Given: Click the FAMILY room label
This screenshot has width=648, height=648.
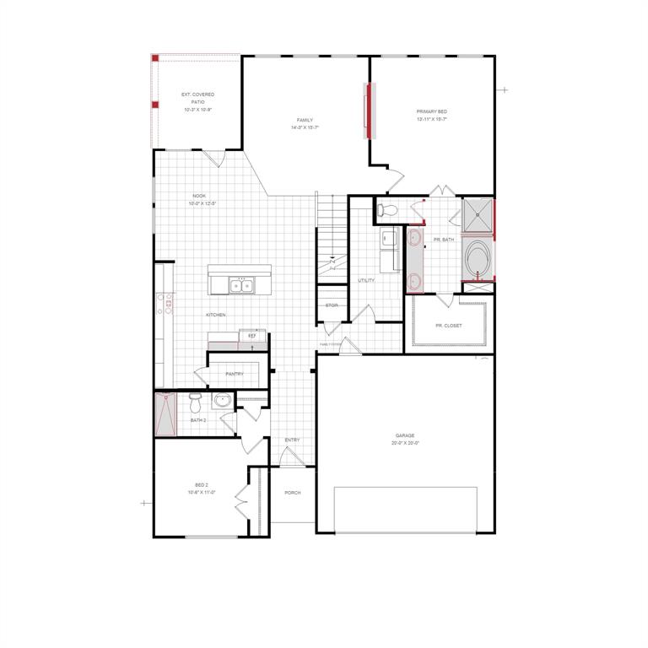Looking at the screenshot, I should coord(305,121).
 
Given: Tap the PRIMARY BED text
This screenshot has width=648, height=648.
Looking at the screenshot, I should coord(431,112).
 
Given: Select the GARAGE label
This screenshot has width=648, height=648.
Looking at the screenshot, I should coord(405,436).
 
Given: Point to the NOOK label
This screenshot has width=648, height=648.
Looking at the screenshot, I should coord(199,196).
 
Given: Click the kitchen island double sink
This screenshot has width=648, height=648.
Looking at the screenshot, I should coord(240,287).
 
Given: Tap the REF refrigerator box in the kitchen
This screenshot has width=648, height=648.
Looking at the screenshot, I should coord(251,336).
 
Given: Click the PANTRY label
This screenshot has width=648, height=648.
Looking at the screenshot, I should coord(235,374).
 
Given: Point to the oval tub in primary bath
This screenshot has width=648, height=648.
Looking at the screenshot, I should coord(478,261).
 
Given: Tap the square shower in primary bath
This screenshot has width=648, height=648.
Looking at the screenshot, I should coord(478,214).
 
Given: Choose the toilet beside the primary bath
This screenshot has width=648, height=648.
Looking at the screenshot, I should coord(387,209).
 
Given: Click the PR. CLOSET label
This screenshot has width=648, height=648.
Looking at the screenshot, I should coord(448,325).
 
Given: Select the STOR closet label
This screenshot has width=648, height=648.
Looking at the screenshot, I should coord(332,305).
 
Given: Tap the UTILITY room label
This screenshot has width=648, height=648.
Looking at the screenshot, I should coord(366,280).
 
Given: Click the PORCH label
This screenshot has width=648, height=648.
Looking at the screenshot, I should coord(293,493).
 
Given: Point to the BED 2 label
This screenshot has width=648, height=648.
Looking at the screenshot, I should coord(202,485).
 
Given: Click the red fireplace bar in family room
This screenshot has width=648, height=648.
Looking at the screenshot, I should coord(367,111).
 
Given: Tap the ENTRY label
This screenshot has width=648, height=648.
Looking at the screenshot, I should coord(292,440).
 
